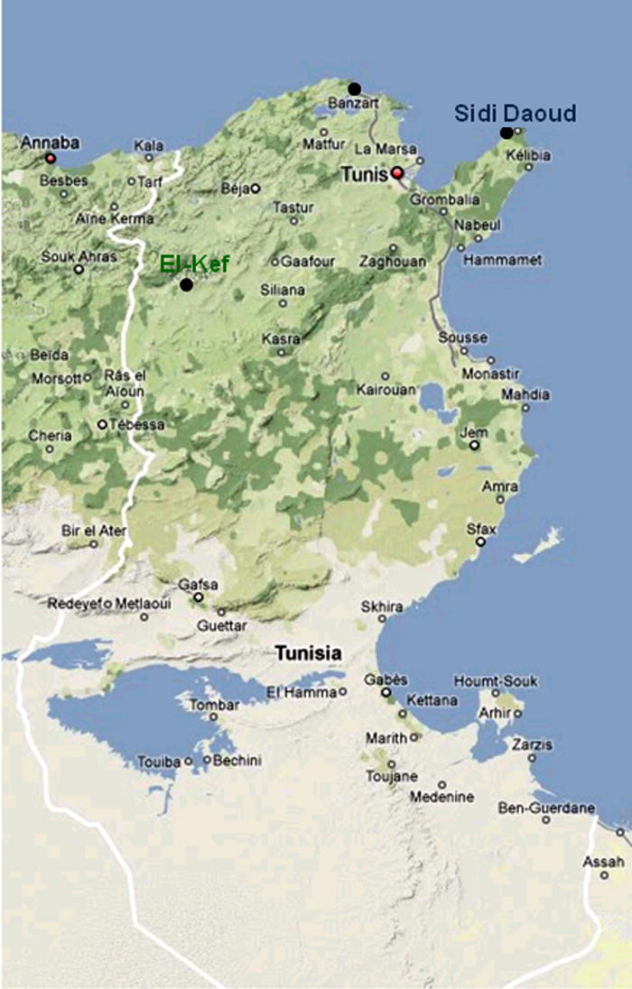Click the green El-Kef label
194,264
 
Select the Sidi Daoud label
514,114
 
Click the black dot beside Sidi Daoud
507,134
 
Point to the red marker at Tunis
396,172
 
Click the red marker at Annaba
51,159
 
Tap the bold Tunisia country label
309,652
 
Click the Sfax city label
481,528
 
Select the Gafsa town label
199,584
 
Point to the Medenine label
441,797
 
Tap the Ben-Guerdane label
546,807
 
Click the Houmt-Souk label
488,680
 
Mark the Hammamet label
502,260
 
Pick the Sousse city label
462,338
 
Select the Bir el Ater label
94,531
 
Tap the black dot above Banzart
355,88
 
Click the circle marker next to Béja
256,189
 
